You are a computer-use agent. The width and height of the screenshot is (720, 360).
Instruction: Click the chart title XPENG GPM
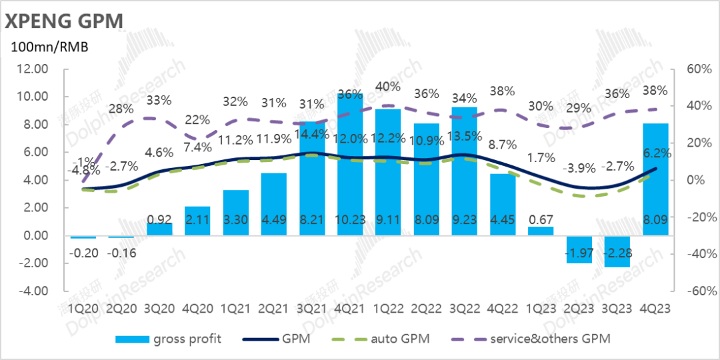tap(64, 21)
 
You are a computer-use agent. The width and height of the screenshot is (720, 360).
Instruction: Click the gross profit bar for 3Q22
tap(464, 171)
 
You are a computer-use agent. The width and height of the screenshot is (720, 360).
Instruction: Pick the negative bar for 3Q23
tap(617, 251)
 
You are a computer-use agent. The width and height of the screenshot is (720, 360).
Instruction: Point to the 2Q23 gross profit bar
tap(579, 249)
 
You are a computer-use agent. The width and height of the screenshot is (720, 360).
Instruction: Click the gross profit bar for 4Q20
tap(197, 221)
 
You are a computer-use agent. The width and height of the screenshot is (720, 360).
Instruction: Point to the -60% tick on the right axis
tap(691, 291)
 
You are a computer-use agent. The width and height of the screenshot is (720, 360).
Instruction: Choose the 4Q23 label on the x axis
tap(655, 309)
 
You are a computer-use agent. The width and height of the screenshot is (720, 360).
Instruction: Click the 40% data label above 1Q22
tap(388, 87)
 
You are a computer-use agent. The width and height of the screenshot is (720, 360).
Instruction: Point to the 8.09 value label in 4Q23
tap(655, 218)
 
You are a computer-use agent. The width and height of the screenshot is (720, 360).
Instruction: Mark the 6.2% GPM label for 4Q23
tap(658, 153)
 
